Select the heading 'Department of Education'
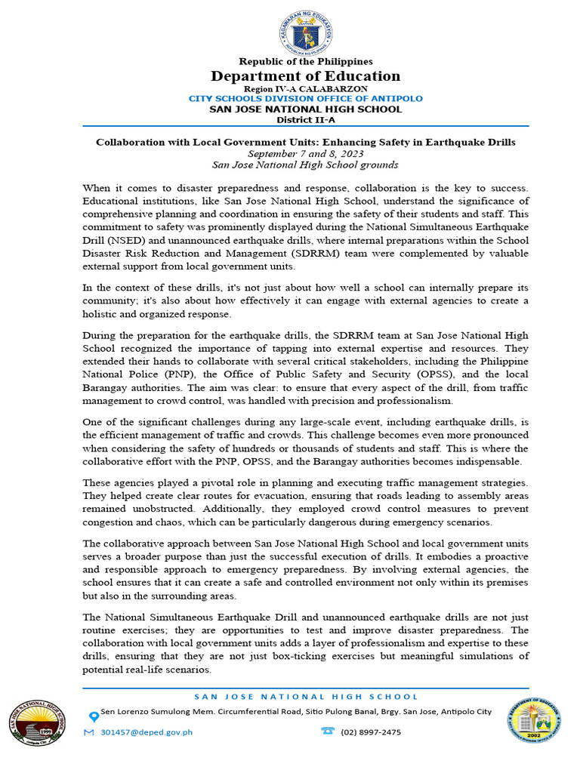(x=305, y=76)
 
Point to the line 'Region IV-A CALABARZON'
(x=305, y=89)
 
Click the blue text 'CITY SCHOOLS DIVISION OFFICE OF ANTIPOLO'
(x=305, y=99)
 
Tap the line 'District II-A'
(x=305, y=119)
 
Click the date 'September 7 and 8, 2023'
(x=305, y=153)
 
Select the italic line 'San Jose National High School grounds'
(x=305, y=165)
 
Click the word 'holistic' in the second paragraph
(x=102, y=313)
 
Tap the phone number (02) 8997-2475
(x=372, y=731)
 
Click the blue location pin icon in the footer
(x=93, y=716)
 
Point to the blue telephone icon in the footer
(x=328, y=731)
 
